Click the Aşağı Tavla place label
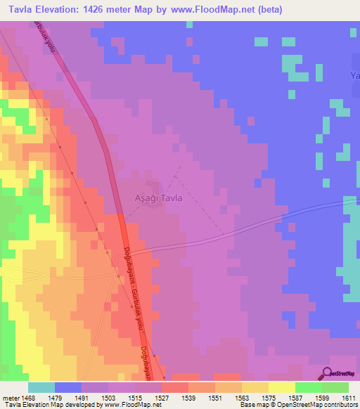tap(158, 198)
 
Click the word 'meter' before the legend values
tap(11, 398)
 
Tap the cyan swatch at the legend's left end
tap(41, 387)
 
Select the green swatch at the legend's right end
tap(335, 387)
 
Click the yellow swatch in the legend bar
tap(281, 387)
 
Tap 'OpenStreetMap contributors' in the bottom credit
tap(323, 405)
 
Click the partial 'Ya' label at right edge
tap(354, 75)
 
